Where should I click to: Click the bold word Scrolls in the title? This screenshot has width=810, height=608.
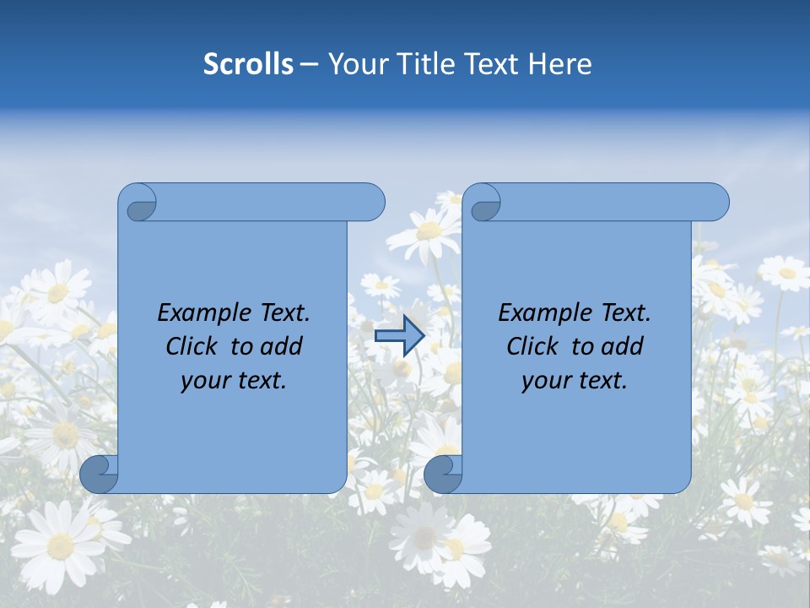(248, 64)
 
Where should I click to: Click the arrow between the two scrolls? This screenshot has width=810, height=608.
(399, 336)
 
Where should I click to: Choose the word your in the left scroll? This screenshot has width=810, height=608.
(204, 381)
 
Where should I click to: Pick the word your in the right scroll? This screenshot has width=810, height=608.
(545, 381)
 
